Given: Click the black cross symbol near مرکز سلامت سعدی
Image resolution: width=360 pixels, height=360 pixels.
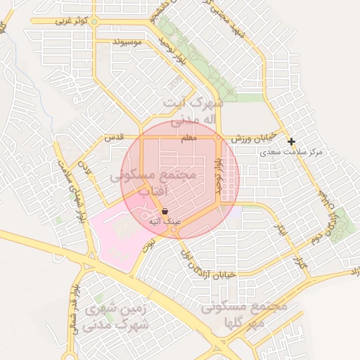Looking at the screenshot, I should point(291,141).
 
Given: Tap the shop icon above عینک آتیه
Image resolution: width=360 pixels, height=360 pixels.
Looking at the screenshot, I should point(165,210).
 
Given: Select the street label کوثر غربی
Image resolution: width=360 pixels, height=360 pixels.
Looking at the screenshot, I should point(72,21).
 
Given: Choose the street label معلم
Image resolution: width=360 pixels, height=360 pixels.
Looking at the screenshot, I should point(188,139).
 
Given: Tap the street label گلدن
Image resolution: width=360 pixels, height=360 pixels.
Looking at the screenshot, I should point(86,169).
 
